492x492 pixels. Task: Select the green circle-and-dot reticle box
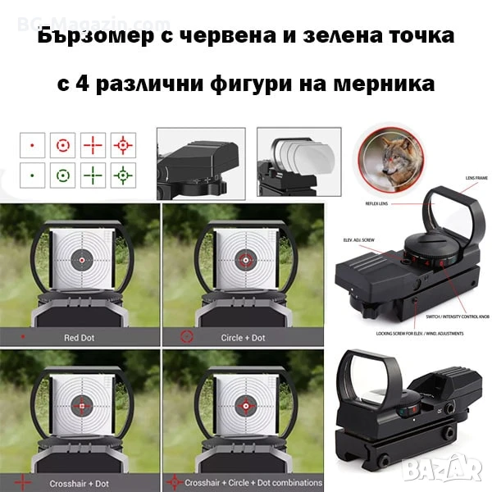click(x=62, y=174)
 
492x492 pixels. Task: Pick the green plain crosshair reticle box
click(x=93, y=174)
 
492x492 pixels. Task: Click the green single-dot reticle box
click(x=32, y=174)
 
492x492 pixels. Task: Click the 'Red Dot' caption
click(x=79, y=336)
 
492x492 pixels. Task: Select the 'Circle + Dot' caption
click(x=243, y=336)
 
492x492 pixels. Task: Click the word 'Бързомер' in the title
click(x=89, y=36)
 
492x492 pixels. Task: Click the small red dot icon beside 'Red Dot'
click(x=23, y=336)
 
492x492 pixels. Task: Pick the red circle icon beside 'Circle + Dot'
click(x=186, y=336)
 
